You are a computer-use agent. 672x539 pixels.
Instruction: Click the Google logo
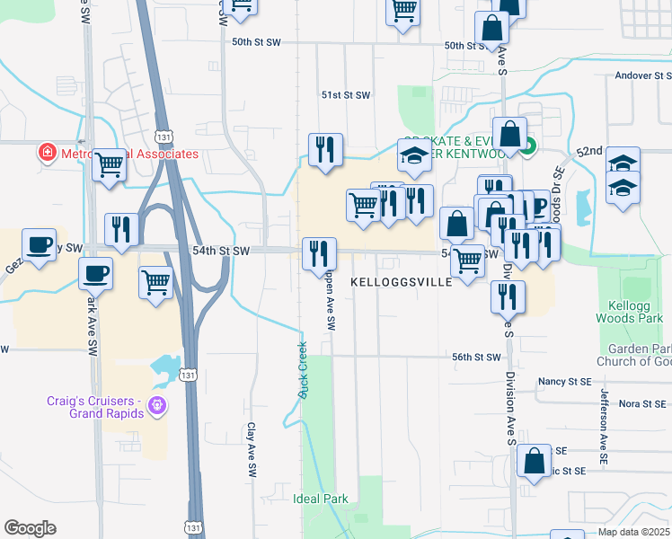[30, 528]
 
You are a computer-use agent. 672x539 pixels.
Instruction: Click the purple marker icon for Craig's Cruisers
[158, 407]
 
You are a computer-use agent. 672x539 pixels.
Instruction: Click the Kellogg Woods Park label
[628, 312]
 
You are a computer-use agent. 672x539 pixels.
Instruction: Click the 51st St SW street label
[346, 95]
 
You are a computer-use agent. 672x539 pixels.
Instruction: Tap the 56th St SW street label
[475, 357]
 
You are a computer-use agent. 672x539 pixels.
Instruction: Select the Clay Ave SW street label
[252, 450]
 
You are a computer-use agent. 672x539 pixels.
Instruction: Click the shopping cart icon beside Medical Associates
[109, 164]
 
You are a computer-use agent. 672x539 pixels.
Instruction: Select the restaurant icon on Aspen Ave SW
[318, 254]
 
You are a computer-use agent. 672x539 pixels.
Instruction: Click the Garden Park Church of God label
[639, 355]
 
